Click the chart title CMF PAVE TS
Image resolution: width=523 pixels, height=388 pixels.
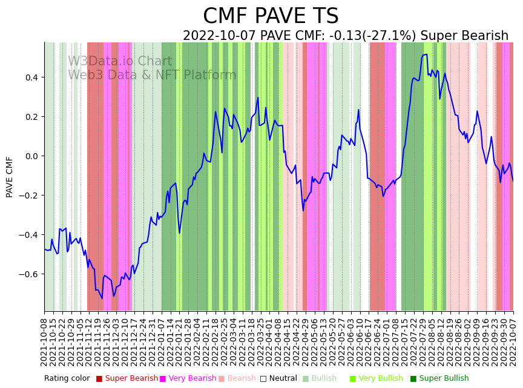[x=271, y=16]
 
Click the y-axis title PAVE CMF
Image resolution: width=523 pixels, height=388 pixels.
[x=10, y=177]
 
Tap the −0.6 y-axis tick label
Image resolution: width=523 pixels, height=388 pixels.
[x=28, y=274]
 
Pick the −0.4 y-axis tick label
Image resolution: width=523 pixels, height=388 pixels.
[x=28, y=235]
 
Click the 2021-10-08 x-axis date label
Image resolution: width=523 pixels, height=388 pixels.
[x=44, y=343]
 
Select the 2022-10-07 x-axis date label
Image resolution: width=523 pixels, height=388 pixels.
[x=513, y=343]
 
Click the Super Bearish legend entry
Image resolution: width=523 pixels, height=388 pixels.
[x=127, y=379]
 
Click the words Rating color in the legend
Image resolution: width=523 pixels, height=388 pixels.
[x=67, y=379]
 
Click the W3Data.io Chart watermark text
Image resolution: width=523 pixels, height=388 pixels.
[x=119, y=62]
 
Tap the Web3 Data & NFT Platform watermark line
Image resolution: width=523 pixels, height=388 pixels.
[x=152, y=75]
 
